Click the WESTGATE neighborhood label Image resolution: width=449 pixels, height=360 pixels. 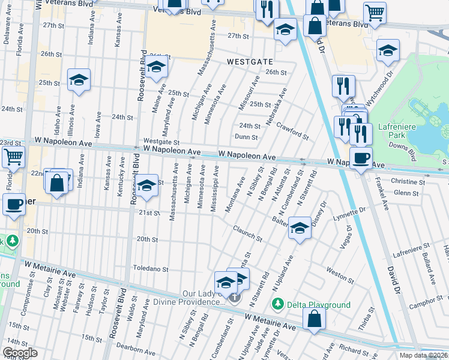[x=250, y=62]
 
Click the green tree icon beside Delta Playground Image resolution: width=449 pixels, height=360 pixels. [x=277, y=305]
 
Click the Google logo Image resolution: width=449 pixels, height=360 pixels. [x=19, y=353]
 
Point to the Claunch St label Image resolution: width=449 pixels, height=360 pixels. [x=248, y=234]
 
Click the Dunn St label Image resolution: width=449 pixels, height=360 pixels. [x=246, y=137]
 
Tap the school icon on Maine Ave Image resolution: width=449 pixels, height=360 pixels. [x=156, y=67]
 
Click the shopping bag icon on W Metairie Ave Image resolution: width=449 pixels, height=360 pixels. [x=314, y=319]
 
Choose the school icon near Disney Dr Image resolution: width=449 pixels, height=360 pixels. [x=300, y=228]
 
